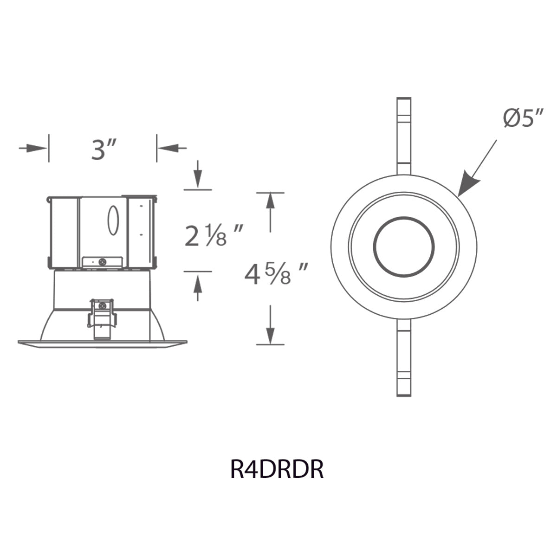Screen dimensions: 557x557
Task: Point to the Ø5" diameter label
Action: [523, 120]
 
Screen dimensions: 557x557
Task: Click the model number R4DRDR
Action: [277, 469]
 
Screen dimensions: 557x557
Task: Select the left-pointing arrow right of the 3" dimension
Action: [171, 149]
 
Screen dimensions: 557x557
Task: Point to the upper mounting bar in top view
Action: [403, 135]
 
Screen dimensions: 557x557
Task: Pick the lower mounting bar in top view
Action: [403, 360]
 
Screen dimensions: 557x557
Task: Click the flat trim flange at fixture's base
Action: [102, 343]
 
